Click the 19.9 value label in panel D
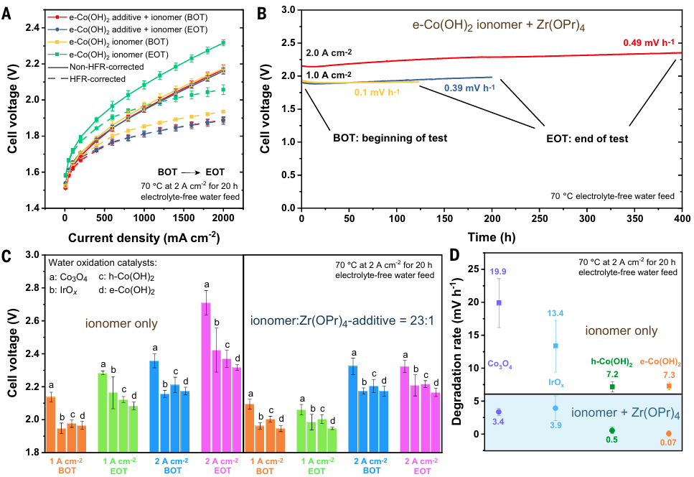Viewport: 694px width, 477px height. [498, 271]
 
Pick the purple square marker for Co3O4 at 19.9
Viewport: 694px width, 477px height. [499, 303]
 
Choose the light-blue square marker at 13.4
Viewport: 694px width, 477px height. [555, 346]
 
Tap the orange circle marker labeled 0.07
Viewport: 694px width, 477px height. [668, 433]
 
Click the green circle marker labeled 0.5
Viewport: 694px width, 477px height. [612, 430]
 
